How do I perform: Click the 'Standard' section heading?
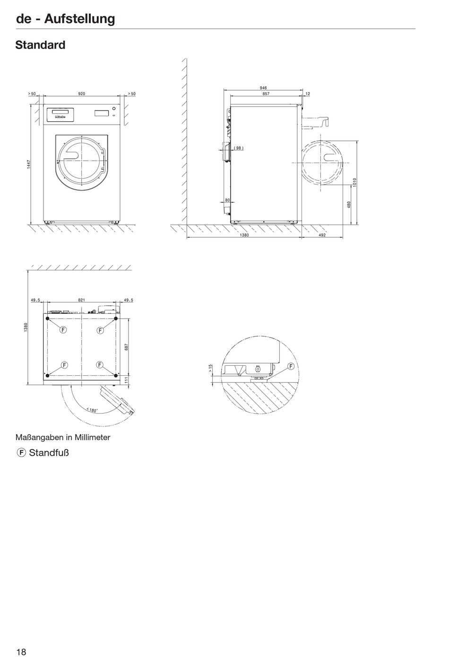coord(40,45)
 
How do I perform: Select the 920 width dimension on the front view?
coord(82,94)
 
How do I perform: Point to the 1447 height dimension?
coord(28,164)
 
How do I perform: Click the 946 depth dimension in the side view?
coord(263,88)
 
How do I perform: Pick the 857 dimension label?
coord(266,94)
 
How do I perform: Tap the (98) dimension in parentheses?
coord(238,148)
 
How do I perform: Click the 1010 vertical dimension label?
coord(354,182)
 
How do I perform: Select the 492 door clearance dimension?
coord(322,235)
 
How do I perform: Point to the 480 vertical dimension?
coord(349,205)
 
